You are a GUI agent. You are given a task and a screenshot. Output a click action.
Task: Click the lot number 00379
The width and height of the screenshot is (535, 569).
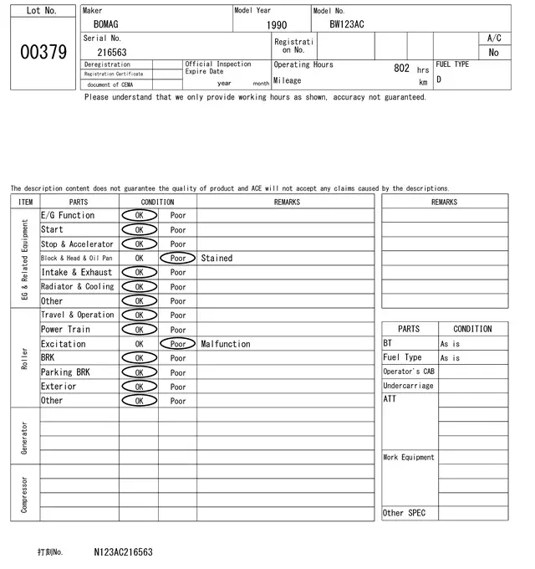click(x=42, y=52)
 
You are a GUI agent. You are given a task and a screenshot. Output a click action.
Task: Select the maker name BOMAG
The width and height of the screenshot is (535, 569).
click(x=107, y=25)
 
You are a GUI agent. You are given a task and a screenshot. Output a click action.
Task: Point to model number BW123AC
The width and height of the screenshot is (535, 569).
click(x=346, y=25)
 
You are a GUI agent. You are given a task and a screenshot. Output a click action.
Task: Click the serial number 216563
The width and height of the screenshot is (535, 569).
click(x=112, y=52)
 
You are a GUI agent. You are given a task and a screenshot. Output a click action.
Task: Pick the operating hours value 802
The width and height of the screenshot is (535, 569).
click(x=401, y=69)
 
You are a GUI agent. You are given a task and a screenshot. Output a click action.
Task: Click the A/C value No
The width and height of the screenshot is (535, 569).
click(x=493, y=52)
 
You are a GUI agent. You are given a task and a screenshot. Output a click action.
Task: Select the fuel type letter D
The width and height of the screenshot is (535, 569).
click(x=439, y=80)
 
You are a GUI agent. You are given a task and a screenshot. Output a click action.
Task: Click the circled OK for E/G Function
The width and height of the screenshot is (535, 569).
click(x=139, y=216)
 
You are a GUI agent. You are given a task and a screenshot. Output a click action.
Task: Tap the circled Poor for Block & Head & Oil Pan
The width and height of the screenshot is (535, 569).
click(x=178, y=259)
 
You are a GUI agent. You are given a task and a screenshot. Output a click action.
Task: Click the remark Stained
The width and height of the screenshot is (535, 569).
click(x=217, y=259)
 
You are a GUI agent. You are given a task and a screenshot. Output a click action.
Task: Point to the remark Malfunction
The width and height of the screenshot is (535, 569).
click(x=226, y=344)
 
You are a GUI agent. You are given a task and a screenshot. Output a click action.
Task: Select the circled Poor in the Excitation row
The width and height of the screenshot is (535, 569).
click(x=178, y=344)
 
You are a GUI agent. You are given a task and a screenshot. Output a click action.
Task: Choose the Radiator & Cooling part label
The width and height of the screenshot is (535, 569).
click(x=77, y=287)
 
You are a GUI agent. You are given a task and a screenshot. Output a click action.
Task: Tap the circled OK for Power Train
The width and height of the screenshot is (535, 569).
click(x=139, y=330)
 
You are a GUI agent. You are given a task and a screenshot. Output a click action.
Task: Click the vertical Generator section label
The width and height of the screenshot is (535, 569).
click(x=24, y=438)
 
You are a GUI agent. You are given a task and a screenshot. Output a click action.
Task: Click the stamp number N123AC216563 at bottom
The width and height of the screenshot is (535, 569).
click(x=123, y=552)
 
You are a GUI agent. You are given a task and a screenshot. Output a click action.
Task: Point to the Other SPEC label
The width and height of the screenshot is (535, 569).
click(x=404, y=513)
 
